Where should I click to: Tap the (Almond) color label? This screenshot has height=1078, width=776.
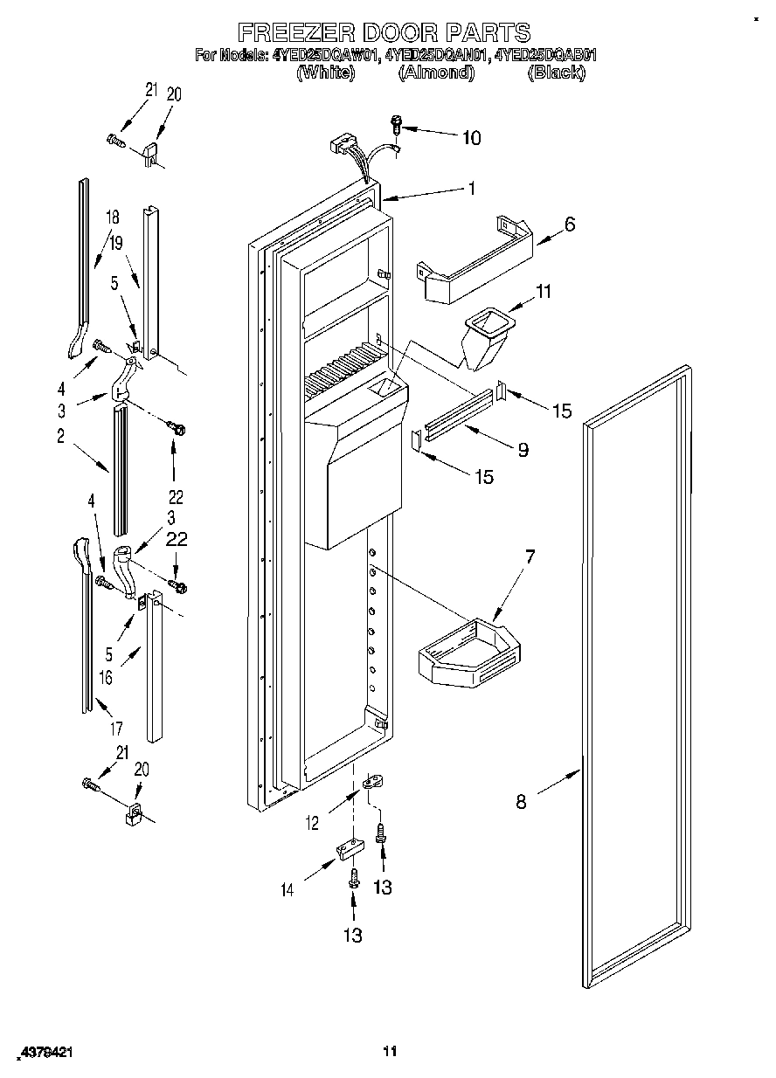(x=435, y=73)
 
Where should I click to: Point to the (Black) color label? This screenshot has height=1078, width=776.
(x=556, y=73)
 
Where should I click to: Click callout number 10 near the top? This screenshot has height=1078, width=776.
(x=470, y=137)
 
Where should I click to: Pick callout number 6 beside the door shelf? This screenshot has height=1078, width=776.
(x=569, y=224)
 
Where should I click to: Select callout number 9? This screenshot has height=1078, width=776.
(x=523, y=450)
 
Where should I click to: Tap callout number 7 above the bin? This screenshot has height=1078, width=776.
(x=530, y=556)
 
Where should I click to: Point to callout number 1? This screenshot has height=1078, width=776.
(x=471, y=187)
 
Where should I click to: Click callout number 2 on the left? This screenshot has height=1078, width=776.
(x=60, y=437)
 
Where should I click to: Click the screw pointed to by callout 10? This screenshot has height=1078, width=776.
(x=395, y=125)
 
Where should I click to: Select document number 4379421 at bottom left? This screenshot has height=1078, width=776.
(x=42, y=1053)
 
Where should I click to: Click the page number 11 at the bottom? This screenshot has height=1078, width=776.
(x=391, y=1051)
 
